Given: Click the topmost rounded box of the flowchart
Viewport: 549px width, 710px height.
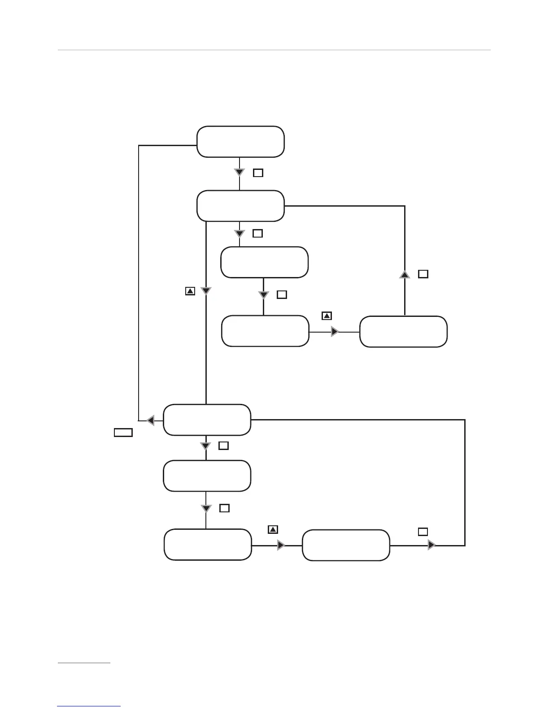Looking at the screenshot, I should coord(240,142).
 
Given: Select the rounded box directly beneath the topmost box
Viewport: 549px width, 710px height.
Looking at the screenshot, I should coord(240,206).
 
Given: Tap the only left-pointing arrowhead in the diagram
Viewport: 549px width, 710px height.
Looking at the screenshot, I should coord(150,420).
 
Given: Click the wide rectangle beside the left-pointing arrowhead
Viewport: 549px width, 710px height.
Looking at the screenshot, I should coord(123,432).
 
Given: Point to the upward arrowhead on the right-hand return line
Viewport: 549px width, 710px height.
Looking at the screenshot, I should coord(405,274).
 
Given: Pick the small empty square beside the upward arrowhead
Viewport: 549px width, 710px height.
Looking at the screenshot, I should coord(423,274).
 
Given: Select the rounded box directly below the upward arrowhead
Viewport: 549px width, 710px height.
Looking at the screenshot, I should coord(403,332).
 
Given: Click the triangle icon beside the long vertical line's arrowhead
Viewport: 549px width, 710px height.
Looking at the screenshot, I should coord(190,291).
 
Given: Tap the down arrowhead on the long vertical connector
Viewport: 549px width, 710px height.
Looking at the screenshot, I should coord(205,291).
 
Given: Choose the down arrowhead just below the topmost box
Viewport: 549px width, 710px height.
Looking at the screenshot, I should coord(240,173).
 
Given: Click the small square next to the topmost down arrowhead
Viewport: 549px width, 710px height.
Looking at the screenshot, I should coord(258,173).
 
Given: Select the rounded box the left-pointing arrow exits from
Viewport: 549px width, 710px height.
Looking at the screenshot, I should coord(207,420).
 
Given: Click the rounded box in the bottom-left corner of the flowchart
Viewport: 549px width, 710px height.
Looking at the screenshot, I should coord(208,545).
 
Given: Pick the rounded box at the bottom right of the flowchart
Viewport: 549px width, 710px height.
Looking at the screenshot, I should coord(346,545).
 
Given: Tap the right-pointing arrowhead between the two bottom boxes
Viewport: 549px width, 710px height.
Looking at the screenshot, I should coord(281,545).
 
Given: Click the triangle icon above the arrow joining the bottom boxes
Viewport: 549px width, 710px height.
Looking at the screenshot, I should coord(273,529).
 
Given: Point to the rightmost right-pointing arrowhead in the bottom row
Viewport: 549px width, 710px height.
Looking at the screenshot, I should coord(431,545).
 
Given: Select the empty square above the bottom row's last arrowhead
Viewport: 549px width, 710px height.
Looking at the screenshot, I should coord(423,532).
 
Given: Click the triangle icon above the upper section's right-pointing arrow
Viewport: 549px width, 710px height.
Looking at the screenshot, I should coord(327,316).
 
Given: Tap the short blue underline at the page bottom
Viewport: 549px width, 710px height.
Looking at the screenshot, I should coord(89,706).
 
